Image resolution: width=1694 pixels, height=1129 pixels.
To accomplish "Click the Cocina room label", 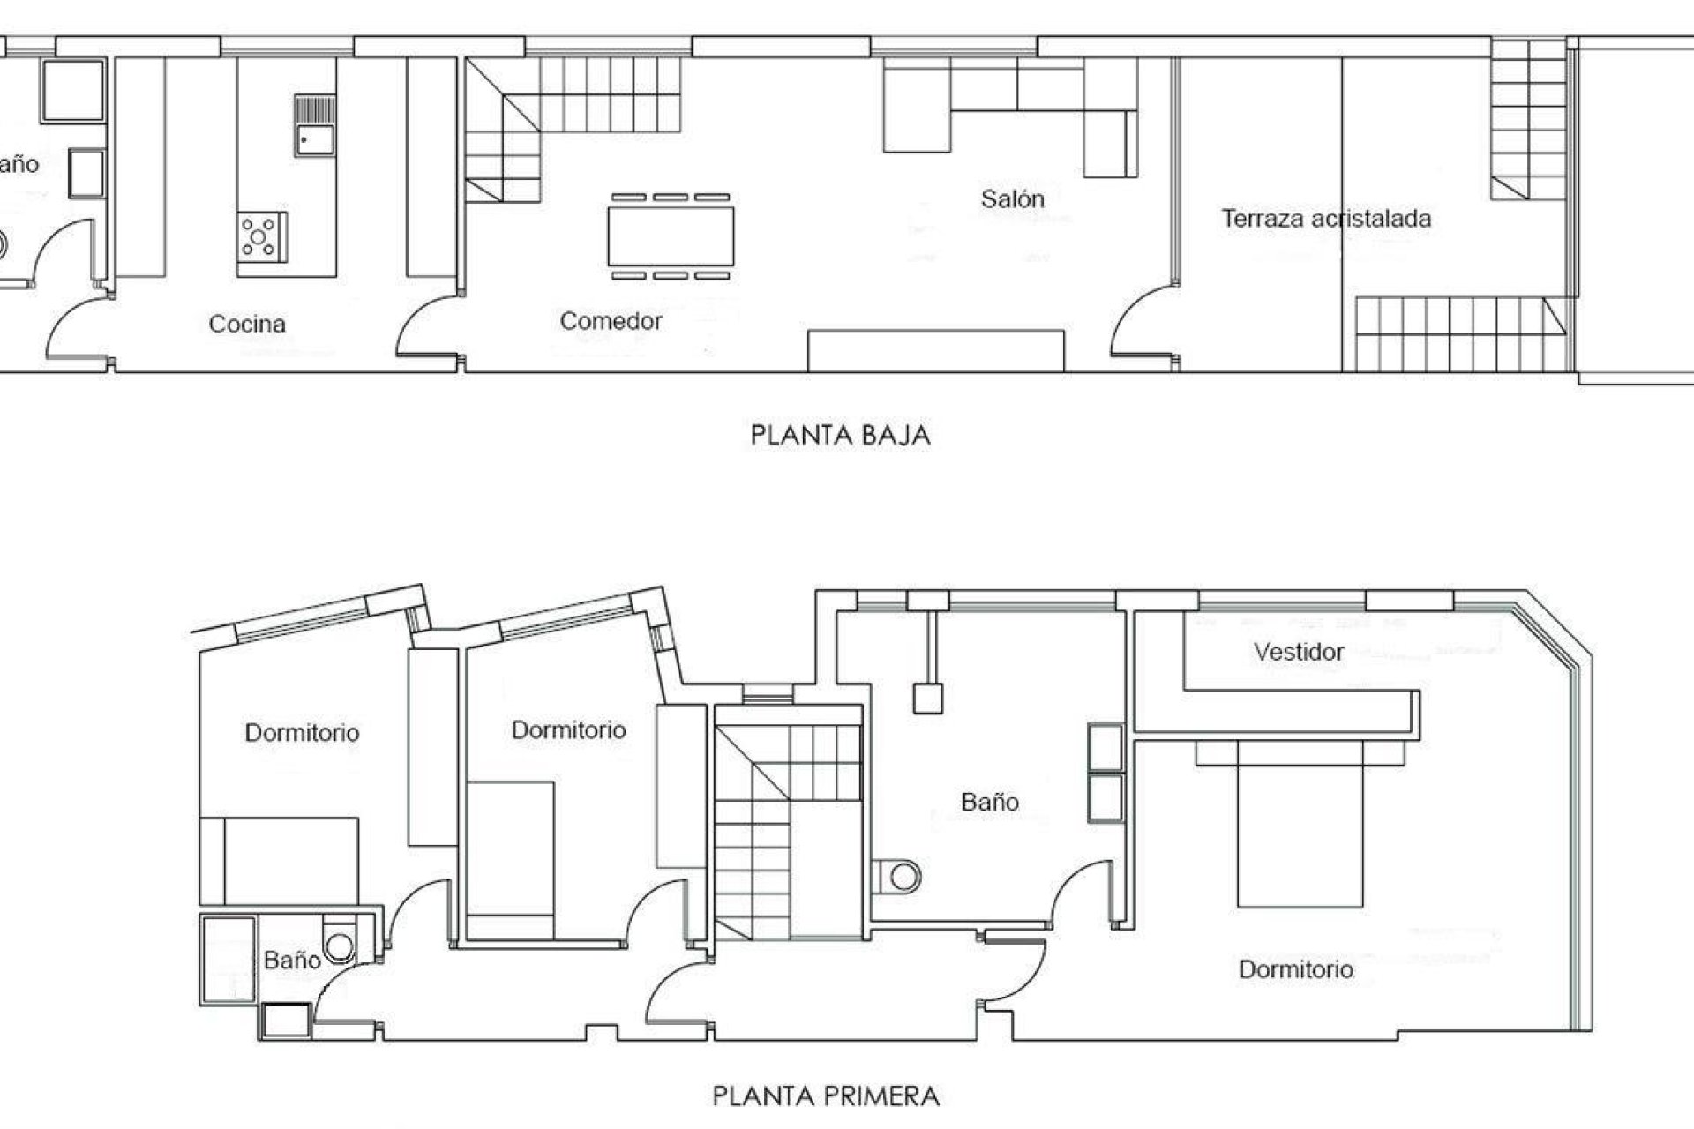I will [247, 324].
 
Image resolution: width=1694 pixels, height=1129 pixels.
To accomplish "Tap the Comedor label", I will [611, 321].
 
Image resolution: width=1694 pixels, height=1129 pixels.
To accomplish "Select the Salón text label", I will [1012, 199].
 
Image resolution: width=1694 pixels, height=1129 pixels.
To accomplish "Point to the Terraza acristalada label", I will [1325, 219].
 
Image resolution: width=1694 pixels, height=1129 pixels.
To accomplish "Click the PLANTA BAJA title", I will [840, 435].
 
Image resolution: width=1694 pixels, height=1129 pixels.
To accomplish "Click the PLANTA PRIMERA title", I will [826, 1096].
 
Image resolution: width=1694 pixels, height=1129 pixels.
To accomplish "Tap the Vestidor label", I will [1299, 653].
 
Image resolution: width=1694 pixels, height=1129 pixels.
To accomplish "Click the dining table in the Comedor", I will [671, 236].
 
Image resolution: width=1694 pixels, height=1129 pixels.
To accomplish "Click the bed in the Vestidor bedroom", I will [1299, 825].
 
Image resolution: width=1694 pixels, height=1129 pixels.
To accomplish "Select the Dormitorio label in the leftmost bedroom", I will [302, 733].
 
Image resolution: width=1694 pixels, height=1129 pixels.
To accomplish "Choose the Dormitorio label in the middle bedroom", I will [568, 730].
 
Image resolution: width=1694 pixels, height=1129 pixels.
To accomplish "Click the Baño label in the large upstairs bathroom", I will [990, 802].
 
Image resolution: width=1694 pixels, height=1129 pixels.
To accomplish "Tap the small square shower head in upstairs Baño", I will [926, 699].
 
